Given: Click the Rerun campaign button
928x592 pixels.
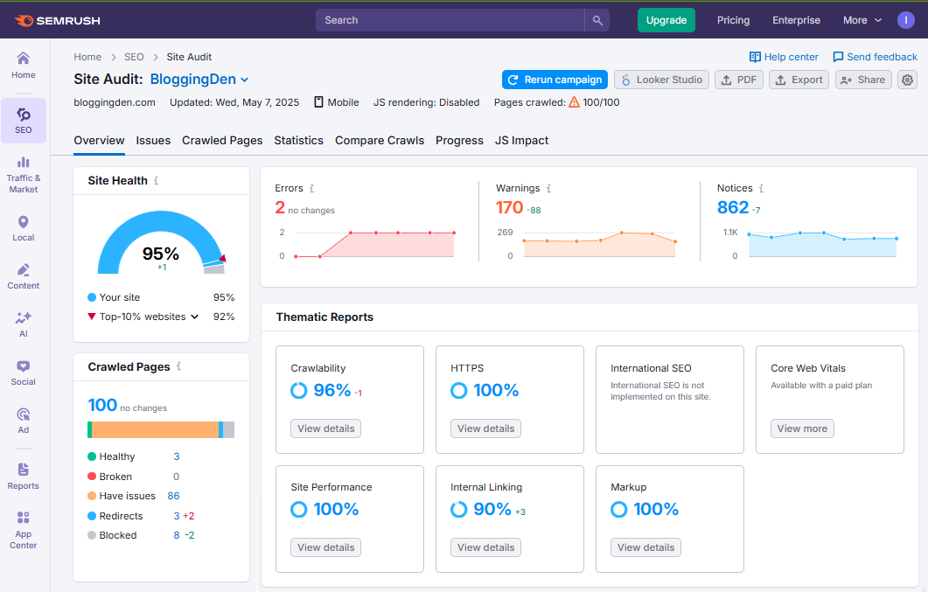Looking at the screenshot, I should point(555,80).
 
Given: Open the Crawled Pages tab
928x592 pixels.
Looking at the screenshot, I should point(222,140).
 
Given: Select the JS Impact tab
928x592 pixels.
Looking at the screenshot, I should point(521,140).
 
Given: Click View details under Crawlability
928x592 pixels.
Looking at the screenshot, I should point(325,428).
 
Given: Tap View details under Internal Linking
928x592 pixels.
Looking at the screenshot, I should point(485,547).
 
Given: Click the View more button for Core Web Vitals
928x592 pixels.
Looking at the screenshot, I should point(801,428).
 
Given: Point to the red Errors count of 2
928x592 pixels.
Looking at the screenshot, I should point(280,207).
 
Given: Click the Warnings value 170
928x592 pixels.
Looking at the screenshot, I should point(509,207).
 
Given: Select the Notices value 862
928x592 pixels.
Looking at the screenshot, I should point(733,207).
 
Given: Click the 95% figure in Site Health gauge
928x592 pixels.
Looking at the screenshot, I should point(161,254).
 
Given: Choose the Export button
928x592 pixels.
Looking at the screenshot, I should point(799,80).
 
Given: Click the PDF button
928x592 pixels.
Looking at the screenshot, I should point(738,80).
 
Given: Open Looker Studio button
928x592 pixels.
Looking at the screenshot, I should point(661,80).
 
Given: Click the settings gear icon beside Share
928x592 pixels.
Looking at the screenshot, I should point(907,80).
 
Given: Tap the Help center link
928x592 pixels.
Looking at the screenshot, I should point(784,57).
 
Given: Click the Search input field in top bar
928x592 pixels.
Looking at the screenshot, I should point(450,20).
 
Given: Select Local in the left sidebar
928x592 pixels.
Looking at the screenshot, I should point(24,228).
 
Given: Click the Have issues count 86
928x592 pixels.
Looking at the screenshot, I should point(173,496).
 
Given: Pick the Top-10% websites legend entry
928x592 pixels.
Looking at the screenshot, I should point(143,317).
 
